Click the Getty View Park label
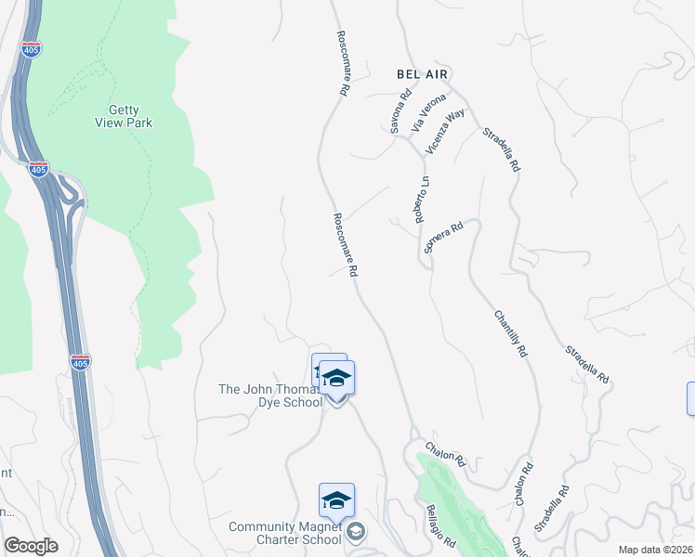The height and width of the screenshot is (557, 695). (124, 115)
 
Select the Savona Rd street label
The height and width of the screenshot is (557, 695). (400, 112)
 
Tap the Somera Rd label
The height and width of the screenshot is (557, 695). (443, 237)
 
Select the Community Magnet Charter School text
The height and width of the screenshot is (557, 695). (285, 533)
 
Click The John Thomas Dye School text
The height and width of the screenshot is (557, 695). (270, 395)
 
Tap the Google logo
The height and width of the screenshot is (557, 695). (32, 546)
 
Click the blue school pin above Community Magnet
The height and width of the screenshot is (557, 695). (336, 500)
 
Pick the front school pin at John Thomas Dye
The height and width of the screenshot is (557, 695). (337, 380)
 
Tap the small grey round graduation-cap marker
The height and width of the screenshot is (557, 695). (357, 532)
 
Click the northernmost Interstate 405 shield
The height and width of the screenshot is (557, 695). (32, 49)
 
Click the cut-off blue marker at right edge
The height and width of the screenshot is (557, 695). (690, 398)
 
